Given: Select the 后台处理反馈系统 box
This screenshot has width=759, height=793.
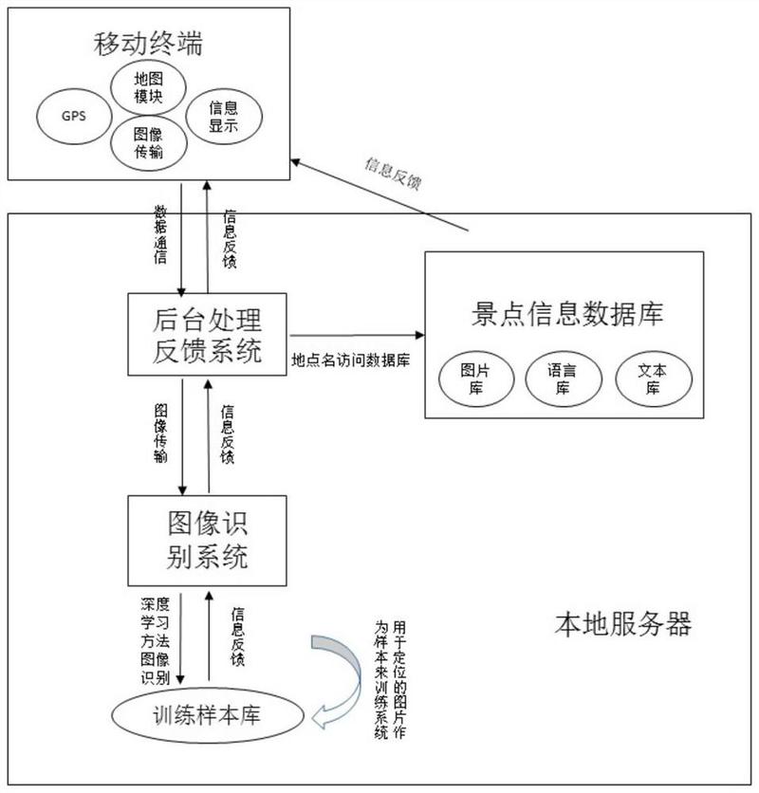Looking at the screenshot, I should [x=208, y=333].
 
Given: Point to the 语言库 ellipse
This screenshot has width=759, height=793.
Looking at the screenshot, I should [x=564, y=378].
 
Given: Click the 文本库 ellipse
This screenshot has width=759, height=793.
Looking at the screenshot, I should [x=655, y=378].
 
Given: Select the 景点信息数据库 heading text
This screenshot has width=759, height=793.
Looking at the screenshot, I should [x=566, y=314].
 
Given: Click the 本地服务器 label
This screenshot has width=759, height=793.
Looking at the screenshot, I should [x=622, y=623].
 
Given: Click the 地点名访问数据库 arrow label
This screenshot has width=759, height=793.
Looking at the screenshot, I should [x=351, y=360].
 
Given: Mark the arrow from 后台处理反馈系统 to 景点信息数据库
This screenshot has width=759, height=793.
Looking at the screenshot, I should [x=356, y=334].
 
